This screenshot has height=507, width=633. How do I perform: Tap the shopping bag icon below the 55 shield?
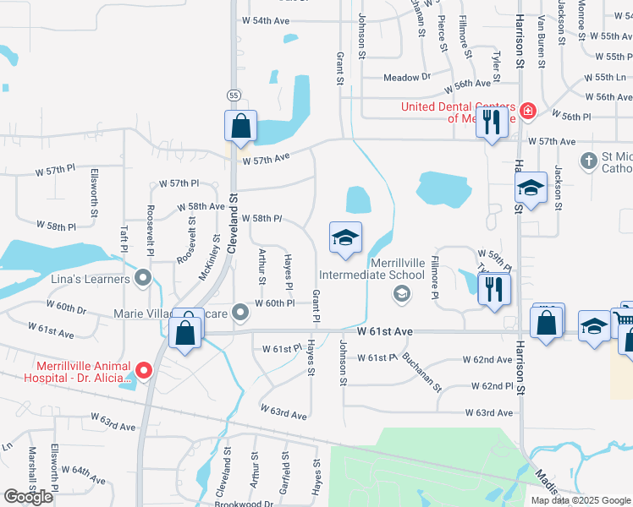point(241,126)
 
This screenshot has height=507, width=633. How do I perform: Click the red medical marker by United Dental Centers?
point(528,111)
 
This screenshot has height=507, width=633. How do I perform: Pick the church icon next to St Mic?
point(589,160)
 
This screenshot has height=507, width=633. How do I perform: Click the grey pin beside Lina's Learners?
point(143,278)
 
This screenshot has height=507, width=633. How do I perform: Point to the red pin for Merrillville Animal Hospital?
point(144,369)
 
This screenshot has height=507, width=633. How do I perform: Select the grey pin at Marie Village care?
point(241,313)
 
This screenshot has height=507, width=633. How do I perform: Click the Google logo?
point(28,497)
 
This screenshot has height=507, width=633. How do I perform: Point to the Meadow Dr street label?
point(407,77)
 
